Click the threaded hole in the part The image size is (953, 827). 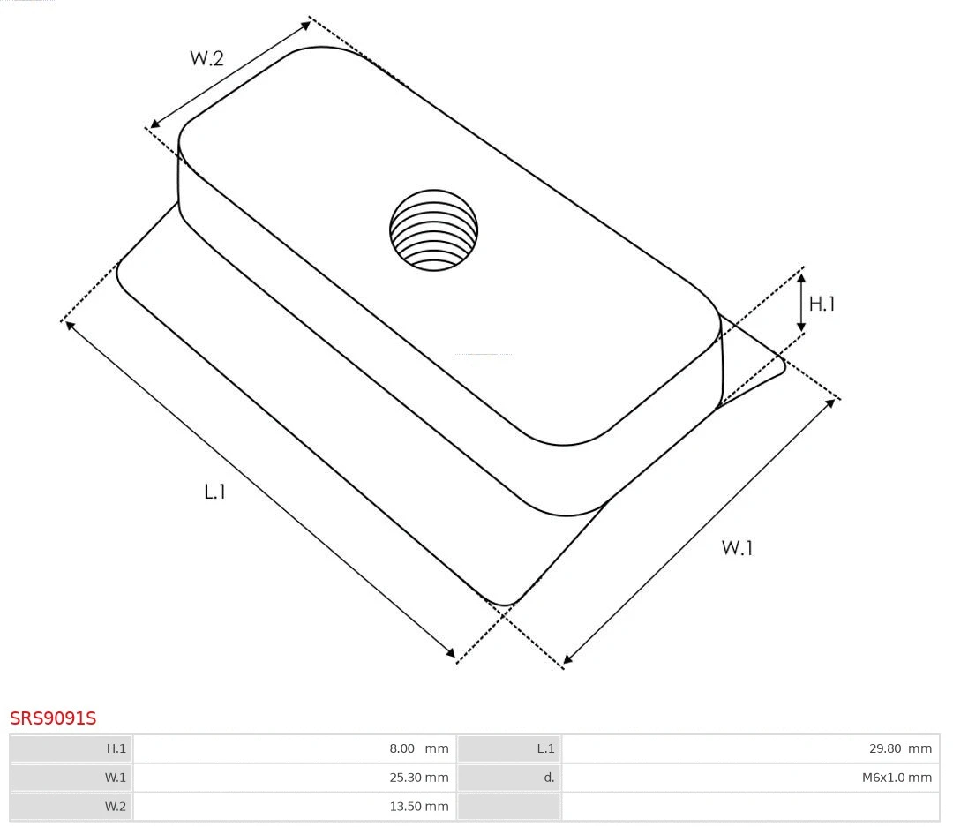(433, 229)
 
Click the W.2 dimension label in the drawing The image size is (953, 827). (206, 58)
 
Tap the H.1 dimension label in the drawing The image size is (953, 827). (822, 304)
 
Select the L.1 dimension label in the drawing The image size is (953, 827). (215, 492)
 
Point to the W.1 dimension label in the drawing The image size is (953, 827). (737, 547)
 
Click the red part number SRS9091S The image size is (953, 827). (53, 718)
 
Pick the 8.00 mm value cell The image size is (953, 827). (294, 748)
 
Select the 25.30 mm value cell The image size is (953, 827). (294, 778)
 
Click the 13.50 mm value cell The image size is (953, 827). (294, 806)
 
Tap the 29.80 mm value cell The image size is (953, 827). (750, 748)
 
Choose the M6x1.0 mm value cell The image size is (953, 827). (750, 778)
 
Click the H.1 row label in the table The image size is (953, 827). (71, 748)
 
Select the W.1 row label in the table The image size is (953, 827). (71, 778)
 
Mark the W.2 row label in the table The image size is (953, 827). (71, 806)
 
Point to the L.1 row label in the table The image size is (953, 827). (509, 748)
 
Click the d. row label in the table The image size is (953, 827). (509, 778)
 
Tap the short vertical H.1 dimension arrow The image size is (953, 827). (801, 303)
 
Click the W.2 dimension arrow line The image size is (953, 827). (230, 73)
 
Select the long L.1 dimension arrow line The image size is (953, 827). (260, 489)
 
